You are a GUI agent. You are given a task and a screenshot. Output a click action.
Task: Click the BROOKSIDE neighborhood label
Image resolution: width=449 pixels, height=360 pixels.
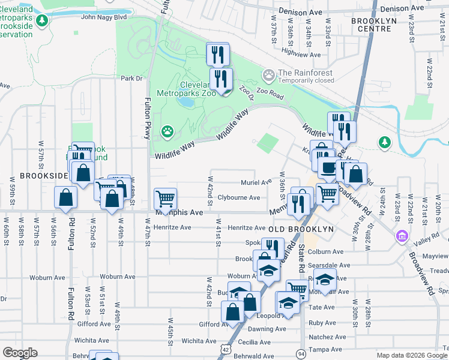[44, 176]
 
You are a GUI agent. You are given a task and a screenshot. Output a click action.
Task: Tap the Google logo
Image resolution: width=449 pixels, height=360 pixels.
[20, 353]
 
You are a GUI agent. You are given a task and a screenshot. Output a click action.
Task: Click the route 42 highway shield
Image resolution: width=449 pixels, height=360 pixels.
[224, 348]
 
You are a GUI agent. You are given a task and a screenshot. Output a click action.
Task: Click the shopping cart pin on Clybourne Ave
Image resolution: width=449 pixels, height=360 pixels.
[165, 197]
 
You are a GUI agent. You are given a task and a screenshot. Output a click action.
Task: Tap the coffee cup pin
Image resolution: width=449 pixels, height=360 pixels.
[328, 168]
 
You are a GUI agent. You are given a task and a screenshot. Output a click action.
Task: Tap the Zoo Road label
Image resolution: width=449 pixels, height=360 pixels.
[270, 94]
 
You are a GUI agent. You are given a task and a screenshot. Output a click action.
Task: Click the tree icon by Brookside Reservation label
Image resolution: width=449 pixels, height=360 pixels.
[41, 22]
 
